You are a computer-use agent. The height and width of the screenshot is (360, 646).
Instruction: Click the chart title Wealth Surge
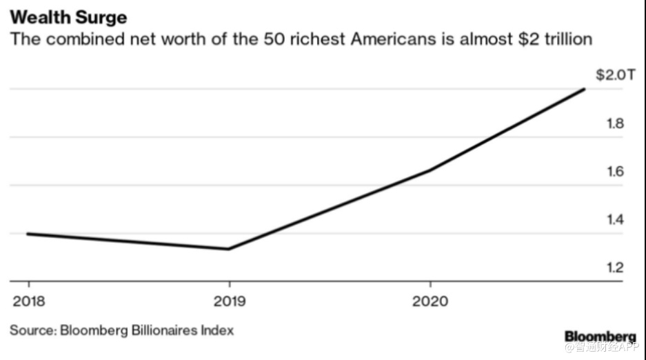click(x=68, y=14)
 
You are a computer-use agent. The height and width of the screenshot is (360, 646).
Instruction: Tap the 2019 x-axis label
click(x=229, y=301)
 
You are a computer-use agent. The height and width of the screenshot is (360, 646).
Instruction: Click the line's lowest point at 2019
click(x=229, y=249)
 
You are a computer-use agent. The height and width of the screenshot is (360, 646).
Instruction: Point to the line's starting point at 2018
click(x=28, y=234)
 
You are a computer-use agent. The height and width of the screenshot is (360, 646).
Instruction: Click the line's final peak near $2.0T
click(x=585, y=89)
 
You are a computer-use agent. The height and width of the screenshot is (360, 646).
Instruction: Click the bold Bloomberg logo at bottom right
click(x=600, y=336)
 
